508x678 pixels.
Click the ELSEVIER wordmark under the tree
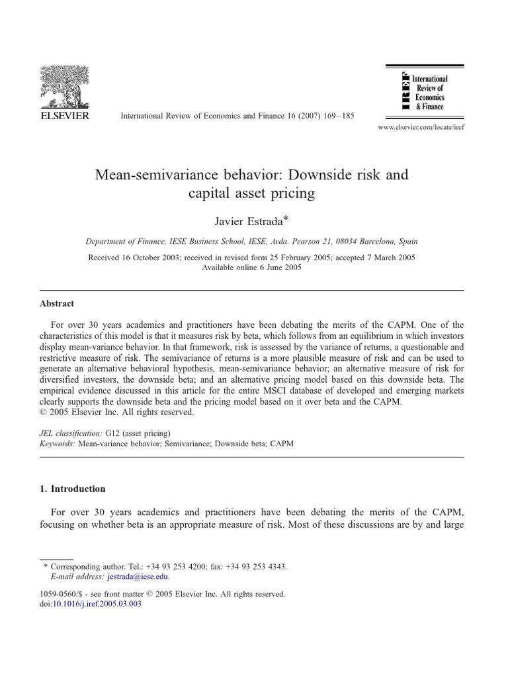pos(65,115)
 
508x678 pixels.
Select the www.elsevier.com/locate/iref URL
pos(420,127)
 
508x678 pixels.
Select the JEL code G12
pos(122,433)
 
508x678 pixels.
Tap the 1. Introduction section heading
pos(73,489)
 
